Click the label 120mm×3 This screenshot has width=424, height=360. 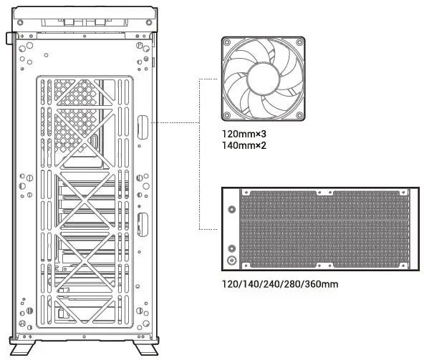(244, 133)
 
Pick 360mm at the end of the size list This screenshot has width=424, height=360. (320, 284)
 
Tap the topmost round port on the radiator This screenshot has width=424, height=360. (231, 210)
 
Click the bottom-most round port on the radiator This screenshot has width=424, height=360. (231, 261)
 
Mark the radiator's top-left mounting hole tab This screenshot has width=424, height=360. (246, 192)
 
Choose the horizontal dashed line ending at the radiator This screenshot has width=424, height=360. (208, 229)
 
